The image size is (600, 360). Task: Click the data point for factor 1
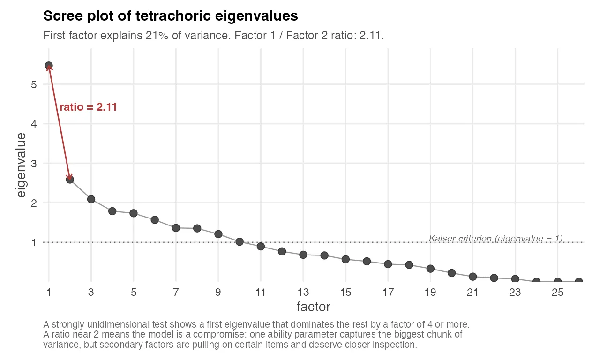click(49, 66)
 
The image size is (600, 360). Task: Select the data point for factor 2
click(70, 179)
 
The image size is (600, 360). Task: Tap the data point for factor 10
click(240, 242)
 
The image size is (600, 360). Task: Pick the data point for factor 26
click(579, 282)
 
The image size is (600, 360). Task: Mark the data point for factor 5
click(134, 213)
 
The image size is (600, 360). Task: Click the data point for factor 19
click(430, 269)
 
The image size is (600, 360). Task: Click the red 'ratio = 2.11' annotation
click(88, 107)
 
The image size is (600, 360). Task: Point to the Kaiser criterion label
click(495, 239)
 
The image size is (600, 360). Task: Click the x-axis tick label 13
click(303, 293)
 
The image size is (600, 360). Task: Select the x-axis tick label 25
click(557, 293)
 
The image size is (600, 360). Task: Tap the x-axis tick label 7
click(176, 293)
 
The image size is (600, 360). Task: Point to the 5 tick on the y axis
click(34, 84)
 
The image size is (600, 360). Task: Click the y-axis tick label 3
click(34, 164)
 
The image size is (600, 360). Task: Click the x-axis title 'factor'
click(314, 307)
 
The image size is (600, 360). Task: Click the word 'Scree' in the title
click(60, 16)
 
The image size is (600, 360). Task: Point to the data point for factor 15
click(345, 259)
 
